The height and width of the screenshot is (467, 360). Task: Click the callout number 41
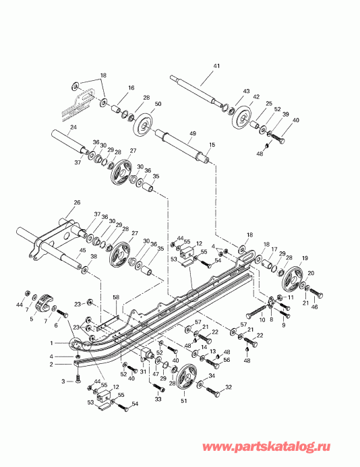point(216,66)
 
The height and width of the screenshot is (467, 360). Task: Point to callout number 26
point(76,203)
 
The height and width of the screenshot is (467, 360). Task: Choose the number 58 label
point(115,297)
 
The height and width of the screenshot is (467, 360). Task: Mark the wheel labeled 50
point(143,126)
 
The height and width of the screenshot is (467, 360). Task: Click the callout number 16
point(131,88)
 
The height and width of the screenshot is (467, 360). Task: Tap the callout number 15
point(212,145)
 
